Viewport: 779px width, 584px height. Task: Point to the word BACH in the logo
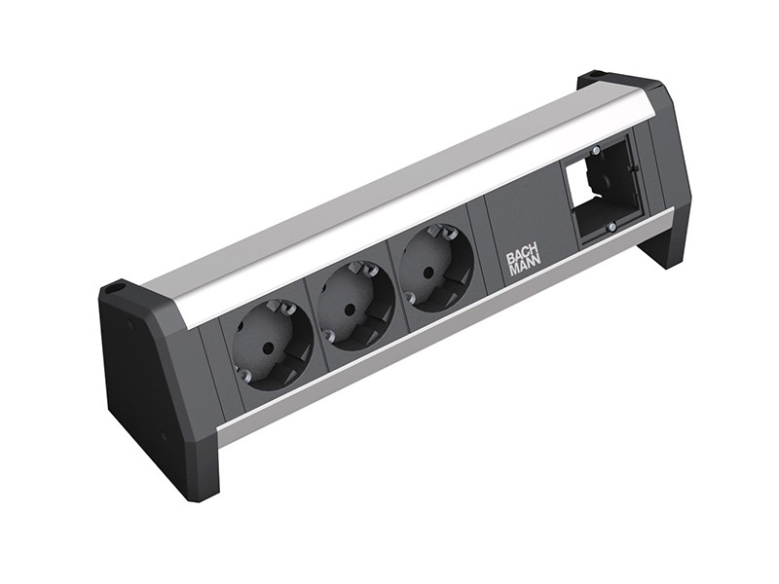click(524, 256)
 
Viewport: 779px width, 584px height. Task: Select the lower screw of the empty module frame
click(611, 227)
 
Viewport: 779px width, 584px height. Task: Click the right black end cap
click(662, 175)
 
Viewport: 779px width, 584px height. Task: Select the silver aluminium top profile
click(389, 195)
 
